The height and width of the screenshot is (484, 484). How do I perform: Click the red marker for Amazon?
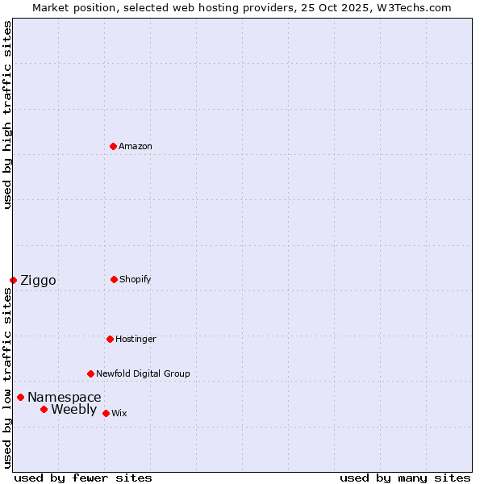pos(113,146)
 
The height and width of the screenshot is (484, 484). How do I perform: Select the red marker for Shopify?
pos(114,279)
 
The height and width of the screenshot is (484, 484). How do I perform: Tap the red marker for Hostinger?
pos(110,339)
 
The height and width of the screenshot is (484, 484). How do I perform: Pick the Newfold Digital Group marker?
pos(90,373)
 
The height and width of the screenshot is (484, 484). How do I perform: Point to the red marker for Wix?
pos(106,413)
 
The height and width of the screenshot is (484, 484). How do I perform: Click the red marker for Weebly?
pos(44,409)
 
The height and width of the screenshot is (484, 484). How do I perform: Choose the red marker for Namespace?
pos(20,397)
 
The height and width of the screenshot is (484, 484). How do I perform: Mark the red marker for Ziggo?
pos(13,280)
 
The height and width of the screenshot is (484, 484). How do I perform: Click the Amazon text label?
pos(136,146)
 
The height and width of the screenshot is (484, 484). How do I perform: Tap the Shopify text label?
pos(136,279)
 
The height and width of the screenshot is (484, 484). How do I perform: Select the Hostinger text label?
pos(136,339)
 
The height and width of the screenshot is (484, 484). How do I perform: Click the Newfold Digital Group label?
pos(143,373)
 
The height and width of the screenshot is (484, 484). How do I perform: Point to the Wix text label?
pos(119,413)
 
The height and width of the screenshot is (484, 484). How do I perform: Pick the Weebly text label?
pos(73,409)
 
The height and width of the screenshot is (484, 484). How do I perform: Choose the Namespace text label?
pos(65,397)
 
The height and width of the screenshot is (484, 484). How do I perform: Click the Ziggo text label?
pos(38,280)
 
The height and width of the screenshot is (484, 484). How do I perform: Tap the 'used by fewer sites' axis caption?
pos(83,478)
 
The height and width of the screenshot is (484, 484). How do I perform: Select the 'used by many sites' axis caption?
pos(405,478)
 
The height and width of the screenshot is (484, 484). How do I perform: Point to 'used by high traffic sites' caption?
pos(7,115)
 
